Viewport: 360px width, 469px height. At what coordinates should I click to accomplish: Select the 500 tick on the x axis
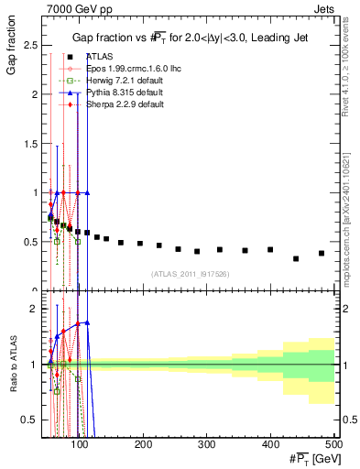pyautogui.click(x=333, y=444)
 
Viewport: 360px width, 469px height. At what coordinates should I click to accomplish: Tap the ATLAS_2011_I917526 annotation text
pyautogui.click(x=190, y=274)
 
